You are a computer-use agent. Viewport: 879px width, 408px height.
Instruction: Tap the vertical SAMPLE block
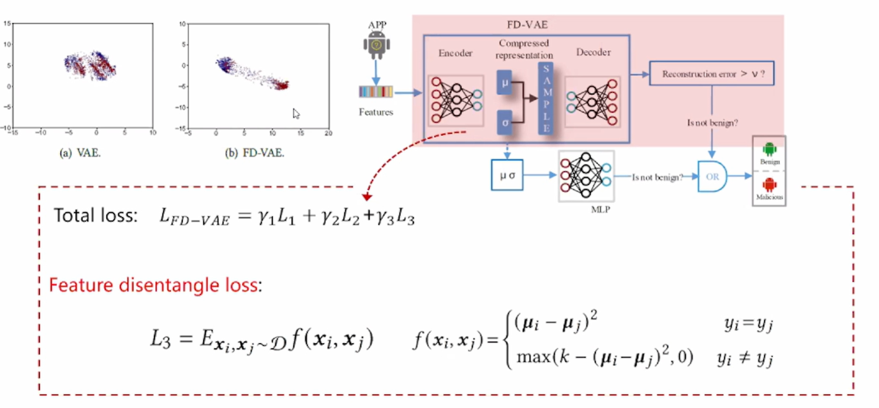click(546, 99)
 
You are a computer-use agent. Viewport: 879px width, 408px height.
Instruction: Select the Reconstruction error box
click(712, 74)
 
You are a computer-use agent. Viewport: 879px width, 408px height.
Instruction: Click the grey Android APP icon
click(376, 44)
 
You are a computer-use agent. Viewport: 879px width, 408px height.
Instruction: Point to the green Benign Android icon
click(769, 149)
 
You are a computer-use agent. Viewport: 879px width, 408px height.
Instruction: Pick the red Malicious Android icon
click(769, 185)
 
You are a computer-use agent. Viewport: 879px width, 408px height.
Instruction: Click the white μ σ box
click(507, 175)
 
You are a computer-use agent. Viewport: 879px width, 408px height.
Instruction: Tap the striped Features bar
click(376, 91)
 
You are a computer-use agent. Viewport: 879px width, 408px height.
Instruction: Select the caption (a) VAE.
click(80, 153)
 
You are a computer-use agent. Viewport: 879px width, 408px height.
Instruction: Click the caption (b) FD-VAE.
click(254, 153)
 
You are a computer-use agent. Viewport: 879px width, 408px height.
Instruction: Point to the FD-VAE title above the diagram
click(527, 25)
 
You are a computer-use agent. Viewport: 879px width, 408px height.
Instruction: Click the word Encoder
click(455, 53)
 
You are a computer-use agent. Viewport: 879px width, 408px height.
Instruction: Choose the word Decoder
click(594, 52)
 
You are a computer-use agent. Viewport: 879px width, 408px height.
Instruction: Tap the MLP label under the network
click(600, 210)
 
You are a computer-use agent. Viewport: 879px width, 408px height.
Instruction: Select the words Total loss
click(96, 215)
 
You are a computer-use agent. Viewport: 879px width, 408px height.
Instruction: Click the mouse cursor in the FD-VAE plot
click(296, 114)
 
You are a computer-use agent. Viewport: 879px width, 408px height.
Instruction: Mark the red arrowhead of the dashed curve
click(367, 197)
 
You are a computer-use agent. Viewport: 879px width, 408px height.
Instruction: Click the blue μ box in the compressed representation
click(505, 83)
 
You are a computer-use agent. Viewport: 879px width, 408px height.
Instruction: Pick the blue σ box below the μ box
click(505, 123)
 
